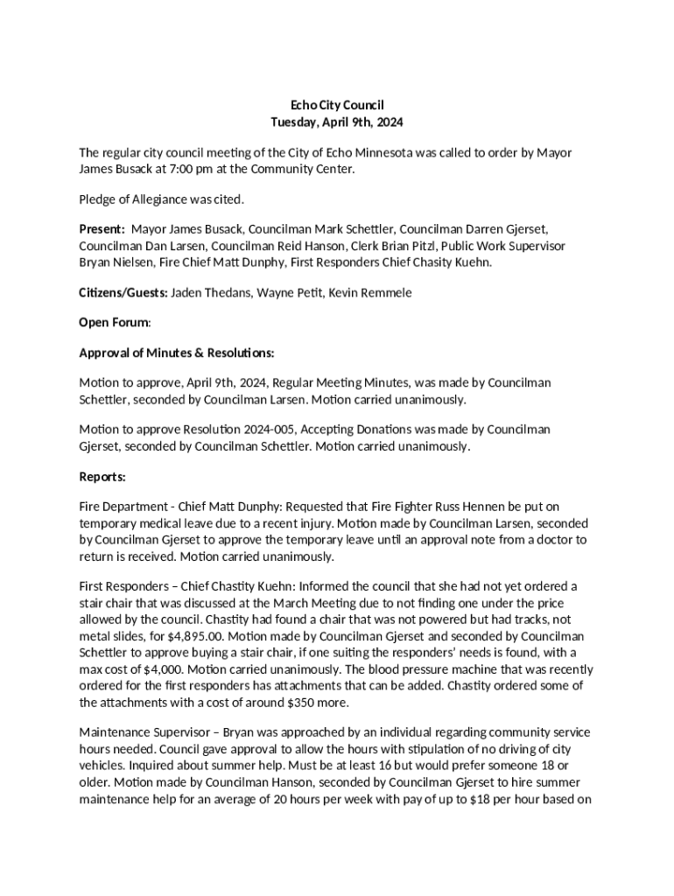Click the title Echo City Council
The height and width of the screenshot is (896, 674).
click(x=336, y=105)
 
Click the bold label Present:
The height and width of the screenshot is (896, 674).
click(x=102, y=229)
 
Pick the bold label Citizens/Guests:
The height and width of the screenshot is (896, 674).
click(x=123, y=292)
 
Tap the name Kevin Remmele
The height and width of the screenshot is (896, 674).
click(x=375, y=292)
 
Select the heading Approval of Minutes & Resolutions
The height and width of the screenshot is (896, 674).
click(x=177, y=353)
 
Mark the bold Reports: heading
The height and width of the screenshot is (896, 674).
click(x=102, y=477)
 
